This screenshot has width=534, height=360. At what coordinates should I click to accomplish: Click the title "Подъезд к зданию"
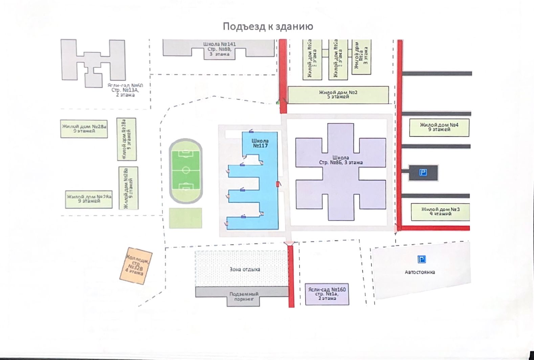pos(268,26)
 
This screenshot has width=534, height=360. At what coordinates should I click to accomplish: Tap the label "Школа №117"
pos(260,143)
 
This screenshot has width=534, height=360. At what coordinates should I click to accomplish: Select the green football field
pos(186,170)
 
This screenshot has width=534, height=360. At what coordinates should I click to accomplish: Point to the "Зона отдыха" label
pos(245,270)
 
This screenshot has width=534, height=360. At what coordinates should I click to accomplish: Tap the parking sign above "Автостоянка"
pos(421,260)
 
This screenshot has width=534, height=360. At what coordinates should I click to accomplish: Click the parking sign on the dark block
pos(423,173)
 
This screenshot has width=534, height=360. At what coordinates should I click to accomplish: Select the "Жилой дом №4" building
pos(439,127)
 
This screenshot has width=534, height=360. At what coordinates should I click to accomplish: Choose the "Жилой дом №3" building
pos(440,212)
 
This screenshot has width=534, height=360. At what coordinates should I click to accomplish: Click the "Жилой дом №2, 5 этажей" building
pos(338,94)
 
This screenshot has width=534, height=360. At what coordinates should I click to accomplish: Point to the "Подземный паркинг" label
pos(244,297)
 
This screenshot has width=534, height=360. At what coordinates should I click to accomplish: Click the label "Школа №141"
pos(220,44)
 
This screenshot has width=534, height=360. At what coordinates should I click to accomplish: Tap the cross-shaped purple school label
pos(341,160)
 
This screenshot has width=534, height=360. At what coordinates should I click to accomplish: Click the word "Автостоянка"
pos(420,272)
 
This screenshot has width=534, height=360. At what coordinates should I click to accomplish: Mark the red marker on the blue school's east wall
pos(278,184)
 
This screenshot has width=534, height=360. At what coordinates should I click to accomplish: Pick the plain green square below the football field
pos(185,218)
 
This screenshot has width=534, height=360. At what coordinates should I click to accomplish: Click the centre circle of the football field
pos(186,170)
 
